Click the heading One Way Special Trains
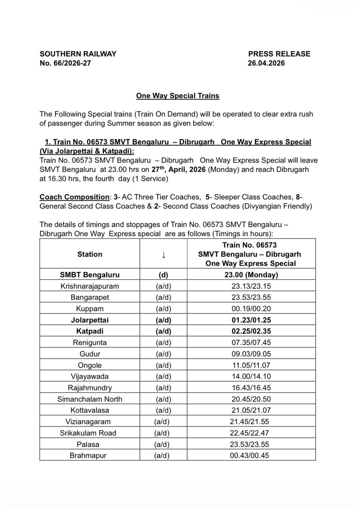click(177, 96)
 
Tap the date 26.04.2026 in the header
click(267, 63)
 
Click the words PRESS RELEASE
click(279, 54)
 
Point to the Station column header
click(89, 254)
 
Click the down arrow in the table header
click(162, 255)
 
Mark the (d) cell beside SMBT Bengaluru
click(162, 275)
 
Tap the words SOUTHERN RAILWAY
click(78, 54)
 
